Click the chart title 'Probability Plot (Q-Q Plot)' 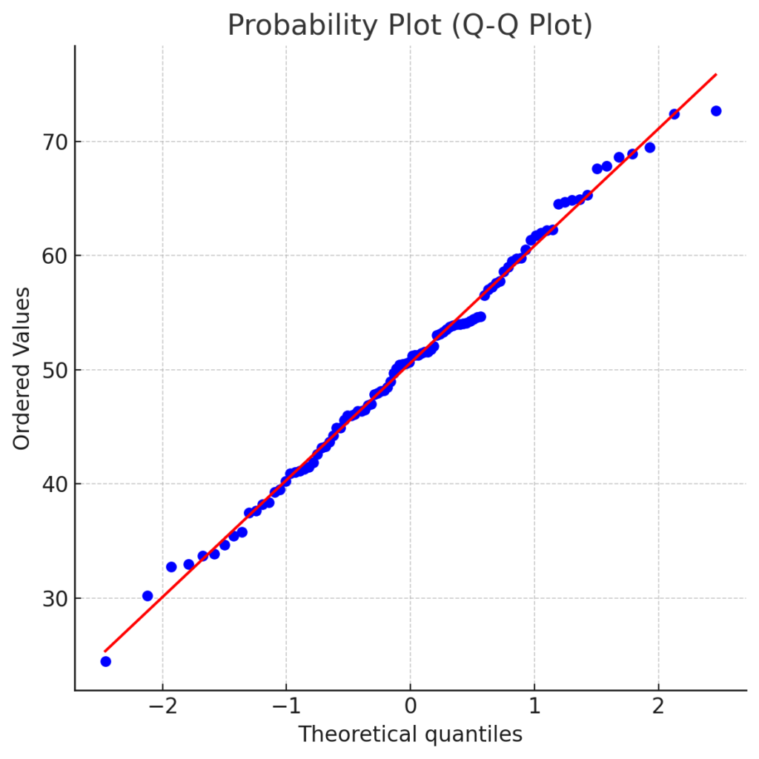click(410, 26)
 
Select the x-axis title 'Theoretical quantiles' click(410, 734)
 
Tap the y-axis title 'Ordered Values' click(22, 369)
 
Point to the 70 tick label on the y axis click(51, 142)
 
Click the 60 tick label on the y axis click(51, 256)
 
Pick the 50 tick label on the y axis click(51, 370)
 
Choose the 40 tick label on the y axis click(51, 484)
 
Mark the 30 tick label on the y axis click(51, 598)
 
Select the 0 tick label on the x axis click(410, 706)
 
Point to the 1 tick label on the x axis click(534, 706)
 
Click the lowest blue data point click(105, 661)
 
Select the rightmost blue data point click(716, 111)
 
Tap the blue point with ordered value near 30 click(148, 596)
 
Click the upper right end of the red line click(716, 74)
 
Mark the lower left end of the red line click(105, 651)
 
